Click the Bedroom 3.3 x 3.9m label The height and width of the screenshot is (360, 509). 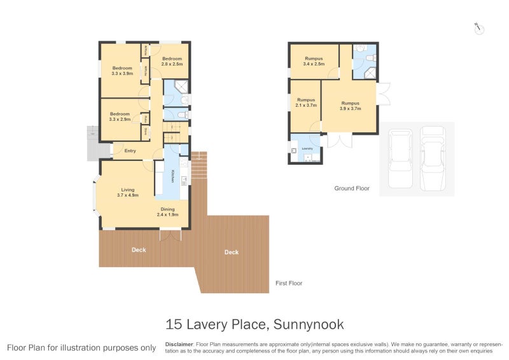pyautogui.click(x=122, y=71)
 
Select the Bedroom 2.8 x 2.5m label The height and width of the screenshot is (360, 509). pyautogui.click(x=172, y=61)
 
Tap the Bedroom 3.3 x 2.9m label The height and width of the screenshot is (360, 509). pyautogui.click(x=120, y=116)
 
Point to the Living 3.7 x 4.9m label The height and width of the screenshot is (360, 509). pyautogui.click(x=128, y=192)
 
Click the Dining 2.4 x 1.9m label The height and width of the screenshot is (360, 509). pyautogui.click(x=167, y=212)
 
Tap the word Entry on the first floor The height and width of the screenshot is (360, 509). pyautogui.click(x=130, y=151)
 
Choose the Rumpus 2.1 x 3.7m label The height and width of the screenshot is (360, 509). pyautogui.click(x=306, y=102)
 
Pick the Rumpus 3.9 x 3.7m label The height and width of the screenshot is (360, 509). pyautogui.click(x=350, y=106)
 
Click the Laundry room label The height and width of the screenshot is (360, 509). pyautogui.click(x=307, y=148)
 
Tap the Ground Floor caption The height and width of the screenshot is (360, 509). pyautogui.click(x=352, y=188)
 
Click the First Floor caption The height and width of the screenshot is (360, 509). pyautogui.click(x=288, y=283)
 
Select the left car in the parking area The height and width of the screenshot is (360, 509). pyautogui.click(x=400, y=159)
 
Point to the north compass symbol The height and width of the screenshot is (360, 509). pyautogui.click(x=479, y=28)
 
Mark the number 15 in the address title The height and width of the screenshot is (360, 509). pyautogui.click(x=173, y=324)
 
